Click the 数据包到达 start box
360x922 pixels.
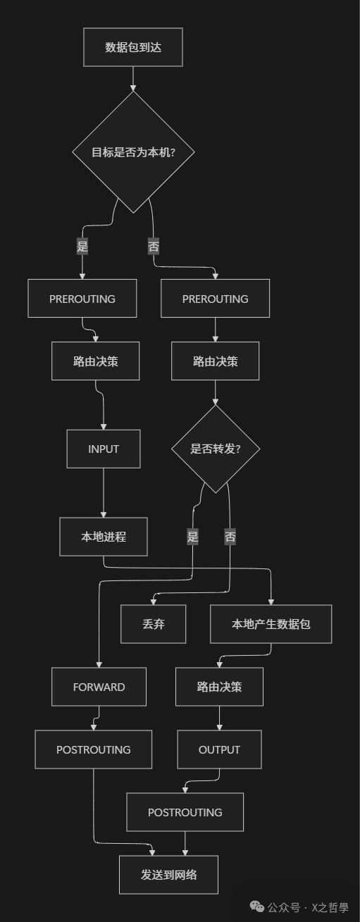pos(133,47)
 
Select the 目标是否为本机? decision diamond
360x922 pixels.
pos(133,152)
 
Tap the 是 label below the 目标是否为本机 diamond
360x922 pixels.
pos(82,247)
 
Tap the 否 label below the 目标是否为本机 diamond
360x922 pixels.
pos(154,247)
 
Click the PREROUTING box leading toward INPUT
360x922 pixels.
pos(82,299)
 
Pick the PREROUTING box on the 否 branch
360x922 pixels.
pos(215,299)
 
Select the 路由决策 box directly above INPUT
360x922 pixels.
pos(95,361)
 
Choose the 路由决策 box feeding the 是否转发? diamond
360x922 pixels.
pos(215,361)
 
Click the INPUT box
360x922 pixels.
pos(104,449)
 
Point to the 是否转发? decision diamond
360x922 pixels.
pos(215,449)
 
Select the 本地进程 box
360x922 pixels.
pos(104,537)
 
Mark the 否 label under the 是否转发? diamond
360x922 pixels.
pos(230,537)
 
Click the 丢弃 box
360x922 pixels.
pos(153,624)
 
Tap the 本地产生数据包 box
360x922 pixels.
pos(271,624)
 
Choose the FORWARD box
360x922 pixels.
pos(99,687)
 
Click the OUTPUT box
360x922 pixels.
pos(219,749)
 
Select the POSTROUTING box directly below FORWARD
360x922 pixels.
pos(93,749)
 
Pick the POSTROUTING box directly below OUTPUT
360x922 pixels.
pos(185,812)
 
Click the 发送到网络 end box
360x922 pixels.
pos(168,875)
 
